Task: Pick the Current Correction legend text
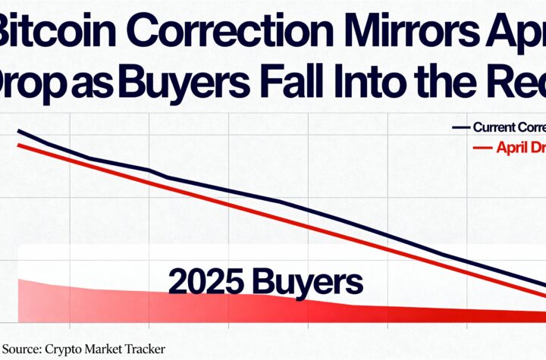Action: [x=508, y=127]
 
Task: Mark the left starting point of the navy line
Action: [x=17, y=131]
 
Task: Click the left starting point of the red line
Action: [x=17, y=144]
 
